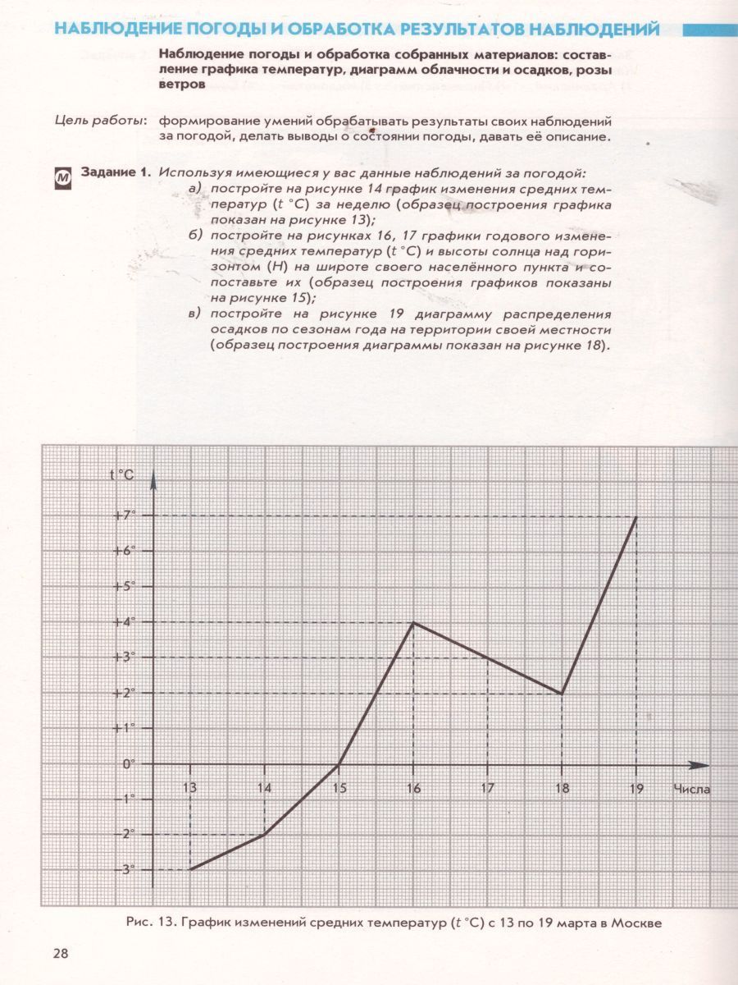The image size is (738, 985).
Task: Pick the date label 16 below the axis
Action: point(413,789)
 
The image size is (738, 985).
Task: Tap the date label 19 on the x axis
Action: point(636,789)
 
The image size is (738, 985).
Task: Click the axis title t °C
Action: point(121,474)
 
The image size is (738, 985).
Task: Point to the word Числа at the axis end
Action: point(691,789)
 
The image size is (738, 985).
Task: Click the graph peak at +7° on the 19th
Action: point(636,516)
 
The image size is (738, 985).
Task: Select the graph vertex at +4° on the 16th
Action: point(413,622)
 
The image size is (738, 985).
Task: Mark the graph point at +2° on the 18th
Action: point(562,694)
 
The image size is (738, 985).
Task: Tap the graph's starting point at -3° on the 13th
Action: point(190,869)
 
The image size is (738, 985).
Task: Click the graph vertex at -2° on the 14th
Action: point(264,834)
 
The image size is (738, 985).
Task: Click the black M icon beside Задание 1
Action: point(63,176)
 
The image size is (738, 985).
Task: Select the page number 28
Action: point(61,953)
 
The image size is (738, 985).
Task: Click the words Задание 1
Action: point(116,172)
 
